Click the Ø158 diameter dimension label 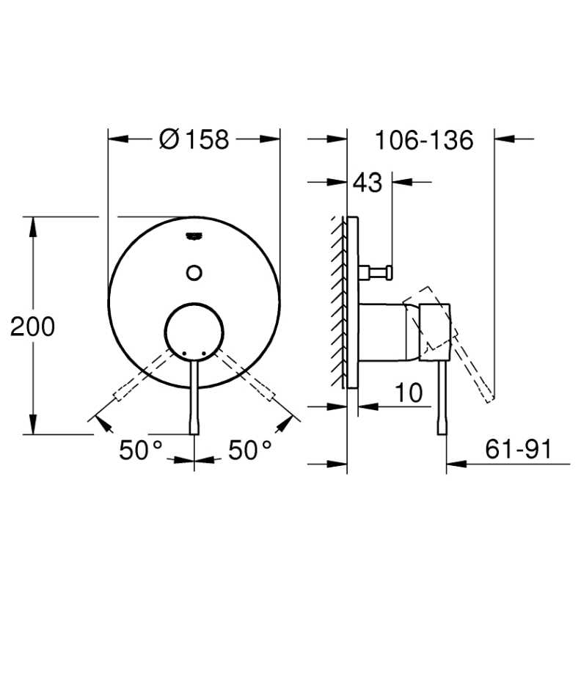pyautogui.click(x=194, y=139)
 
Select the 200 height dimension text pyautogui.click(x=32, y=326)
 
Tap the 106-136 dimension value pyautogui.click(x=424, y=140)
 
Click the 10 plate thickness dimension pyautogui.click(x=409, y=393)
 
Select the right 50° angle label pyautogui.click(x=249, y=450)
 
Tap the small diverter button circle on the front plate pyautogui.click(x=194, y=272)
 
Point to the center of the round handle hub pyautogui.click(x=194, y=332)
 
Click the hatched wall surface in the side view pyautogui.click(x=339, y=301)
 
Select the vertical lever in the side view pyautogui.click(x=442, y=400)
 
